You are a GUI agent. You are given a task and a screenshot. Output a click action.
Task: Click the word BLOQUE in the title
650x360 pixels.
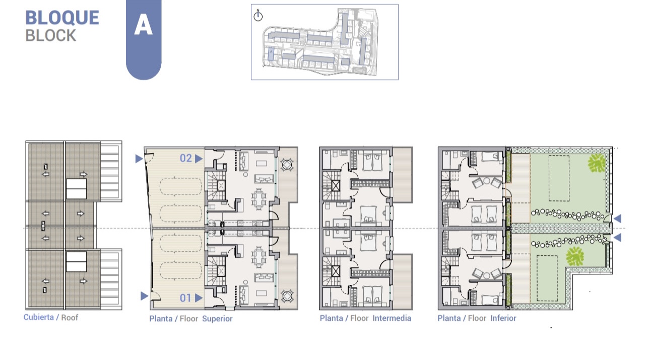tap(62, 18)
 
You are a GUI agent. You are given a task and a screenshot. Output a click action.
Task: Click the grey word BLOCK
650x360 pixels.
tap(51, 36)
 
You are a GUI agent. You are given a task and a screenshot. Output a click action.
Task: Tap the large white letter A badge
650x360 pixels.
tap(143, 25)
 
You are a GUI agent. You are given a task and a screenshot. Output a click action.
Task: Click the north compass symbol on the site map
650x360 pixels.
tap(258, 16)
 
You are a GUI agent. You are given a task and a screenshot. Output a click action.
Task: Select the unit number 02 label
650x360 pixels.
tap(186, 158)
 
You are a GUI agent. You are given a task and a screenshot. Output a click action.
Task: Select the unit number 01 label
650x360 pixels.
tap(186, 298)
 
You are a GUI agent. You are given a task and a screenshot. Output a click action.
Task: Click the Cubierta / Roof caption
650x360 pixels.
tap(51, 317)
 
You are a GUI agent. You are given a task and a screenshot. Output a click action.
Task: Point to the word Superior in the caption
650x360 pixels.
tap(217, 319)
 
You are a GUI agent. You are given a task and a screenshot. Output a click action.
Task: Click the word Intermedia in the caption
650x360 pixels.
tap(392, 318)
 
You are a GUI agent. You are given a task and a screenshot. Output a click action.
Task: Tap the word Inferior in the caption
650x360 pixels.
tap(503, 318)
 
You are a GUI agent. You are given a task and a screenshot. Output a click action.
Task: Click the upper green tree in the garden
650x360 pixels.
tap(597, 163)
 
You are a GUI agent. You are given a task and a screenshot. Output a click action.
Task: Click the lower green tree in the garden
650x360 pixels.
tap(575, 256)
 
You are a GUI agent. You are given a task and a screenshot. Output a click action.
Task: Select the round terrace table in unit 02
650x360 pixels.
tap(287, 165)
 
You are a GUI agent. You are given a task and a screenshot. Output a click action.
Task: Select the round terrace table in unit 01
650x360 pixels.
tap(287, 296)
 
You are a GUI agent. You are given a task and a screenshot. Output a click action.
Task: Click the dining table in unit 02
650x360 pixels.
tap(259, 199)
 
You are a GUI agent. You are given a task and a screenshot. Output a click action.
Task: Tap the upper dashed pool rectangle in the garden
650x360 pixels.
tap(559, 178)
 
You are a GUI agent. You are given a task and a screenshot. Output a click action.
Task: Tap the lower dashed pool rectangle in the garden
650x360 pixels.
tap(547, 278)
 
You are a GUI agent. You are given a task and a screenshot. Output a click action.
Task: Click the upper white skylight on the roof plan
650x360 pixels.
tap(76, 189)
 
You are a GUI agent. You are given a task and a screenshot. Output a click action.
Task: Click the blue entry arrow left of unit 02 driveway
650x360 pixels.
tap(139, 159)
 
